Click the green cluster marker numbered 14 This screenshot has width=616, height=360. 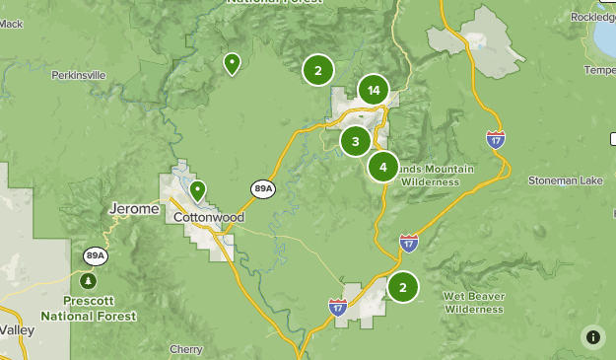373,91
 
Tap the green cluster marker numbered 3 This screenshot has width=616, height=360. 355,142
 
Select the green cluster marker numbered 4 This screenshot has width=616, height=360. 382,167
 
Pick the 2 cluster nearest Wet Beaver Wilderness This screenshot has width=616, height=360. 402,287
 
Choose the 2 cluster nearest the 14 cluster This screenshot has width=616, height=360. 317,70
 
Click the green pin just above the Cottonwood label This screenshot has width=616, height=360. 197,190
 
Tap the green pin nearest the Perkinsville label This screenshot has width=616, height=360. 232,64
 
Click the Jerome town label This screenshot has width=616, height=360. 131,210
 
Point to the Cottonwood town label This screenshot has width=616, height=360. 208,217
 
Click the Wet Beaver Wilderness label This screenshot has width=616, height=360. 474,302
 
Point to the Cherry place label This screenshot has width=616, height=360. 186,349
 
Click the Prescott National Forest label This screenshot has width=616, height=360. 89,309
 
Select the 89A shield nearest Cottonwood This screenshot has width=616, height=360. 262,188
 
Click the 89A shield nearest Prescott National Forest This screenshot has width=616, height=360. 95,255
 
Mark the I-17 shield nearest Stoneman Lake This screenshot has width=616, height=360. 496,139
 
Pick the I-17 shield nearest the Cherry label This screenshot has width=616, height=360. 337,307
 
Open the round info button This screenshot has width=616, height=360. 593,337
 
